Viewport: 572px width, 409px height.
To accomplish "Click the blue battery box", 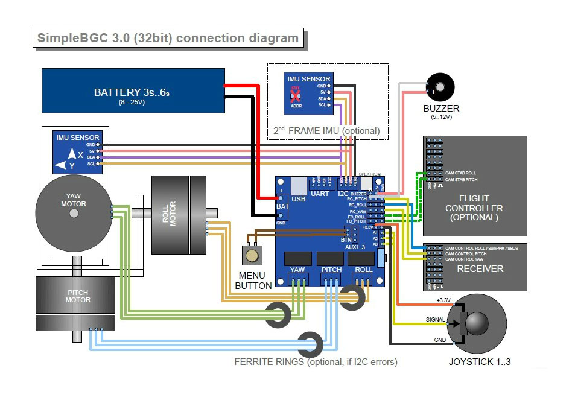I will coord(133,90).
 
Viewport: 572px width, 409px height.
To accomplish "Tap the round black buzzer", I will coord(439,87).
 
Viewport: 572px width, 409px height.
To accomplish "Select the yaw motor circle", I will coord(73,209).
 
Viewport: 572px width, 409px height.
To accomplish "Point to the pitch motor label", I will coord(78,296).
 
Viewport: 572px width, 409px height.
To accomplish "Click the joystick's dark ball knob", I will coord(476,323).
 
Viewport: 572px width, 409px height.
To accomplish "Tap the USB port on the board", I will coord(298,188).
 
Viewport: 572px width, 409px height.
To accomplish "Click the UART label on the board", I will coord(320,194).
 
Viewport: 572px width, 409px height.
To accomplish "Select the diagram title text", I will coord(168,39).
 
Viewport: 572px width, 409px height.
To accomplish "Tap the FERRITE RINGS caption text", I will coord(316,363).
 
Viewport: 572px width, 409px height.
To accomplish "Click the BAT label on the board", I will coord(282,206).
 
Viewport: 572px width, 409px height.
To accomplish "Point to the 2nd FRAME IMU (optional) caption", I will coord(326,130).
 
